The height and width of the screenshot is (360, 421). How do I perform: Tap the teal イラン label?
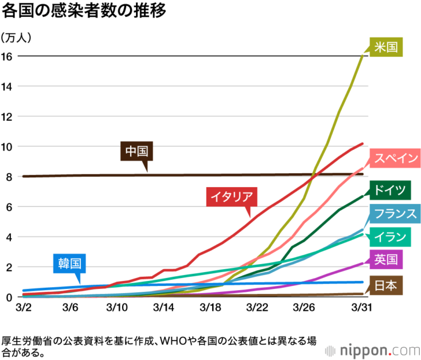coord(389,237)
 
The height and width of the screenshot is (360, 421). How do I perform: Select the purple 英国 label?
coord(385,259)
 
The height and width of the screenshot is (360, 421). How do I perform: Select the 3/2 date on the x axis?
coord(24,307)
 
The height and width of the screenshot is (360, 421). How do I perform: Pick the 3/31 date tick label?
coord(361,307)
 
